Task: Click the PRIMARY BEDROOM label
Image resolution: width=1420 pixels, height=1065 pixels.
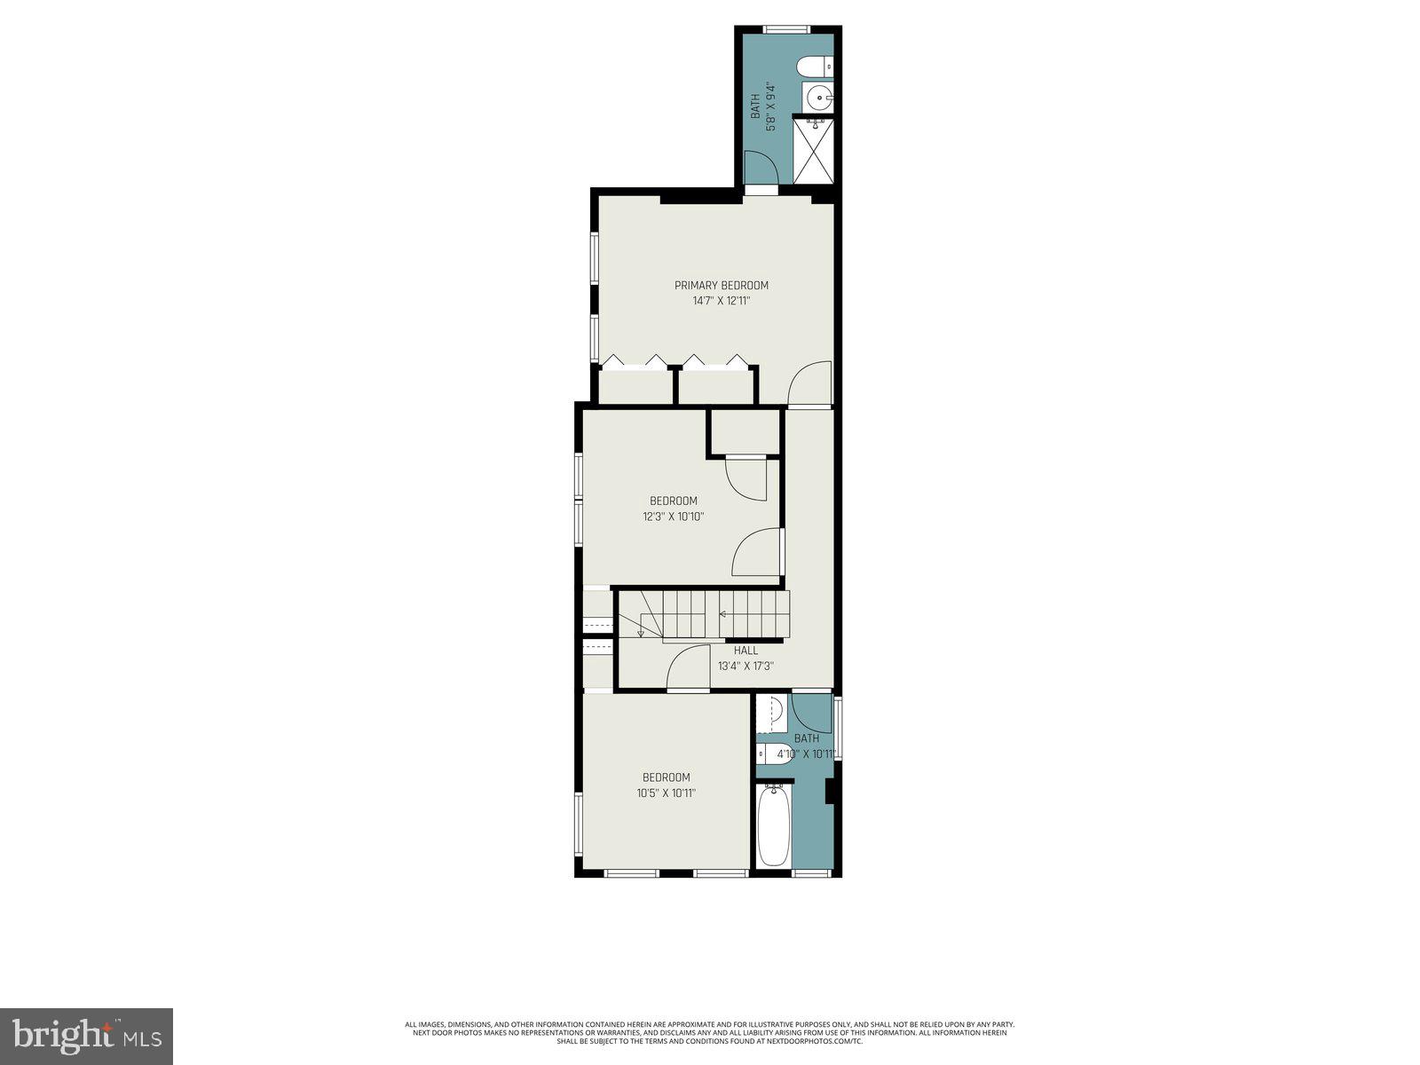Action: (x=721, y=285)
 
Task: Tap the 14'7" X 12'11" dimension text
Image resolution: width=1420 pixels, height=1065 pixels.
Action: (x=721, y=301)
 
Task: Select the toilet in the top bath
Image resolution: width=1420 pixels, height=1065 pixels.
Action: (x=814, y=66)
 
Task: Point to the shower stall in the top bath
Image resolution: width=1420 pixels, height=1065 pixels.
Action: (x=813, y=151)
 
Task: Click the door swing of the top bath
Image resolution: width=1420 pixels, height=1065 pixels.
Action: (x=759, y=169)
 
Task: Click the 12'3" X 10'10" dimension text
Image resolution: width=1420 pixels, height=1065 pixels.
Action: (x=673, y=517)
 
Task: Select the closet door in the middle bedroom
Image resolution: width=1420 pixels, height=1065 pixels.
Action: (x=746, y=479)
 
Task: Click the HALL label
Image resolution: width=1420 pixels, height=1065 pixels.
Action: (x=745, y=651)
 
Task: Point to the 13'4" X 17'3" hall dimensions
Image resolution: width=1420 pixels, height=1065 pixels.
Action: (x=745, y=666)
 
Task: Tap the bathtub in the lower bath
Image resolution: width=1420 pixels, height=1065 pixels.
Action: (x=773, y=825)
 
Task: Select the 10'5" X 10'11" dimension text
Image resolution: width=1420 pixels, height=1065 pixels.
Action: (x=666, y=793)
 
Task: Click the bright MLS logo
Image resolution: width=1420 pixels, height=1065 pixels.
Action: (x=87, y=1037)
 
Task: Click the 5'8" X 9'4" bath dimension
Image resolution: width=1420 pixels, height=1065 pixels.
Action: (x=770, y=107)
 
